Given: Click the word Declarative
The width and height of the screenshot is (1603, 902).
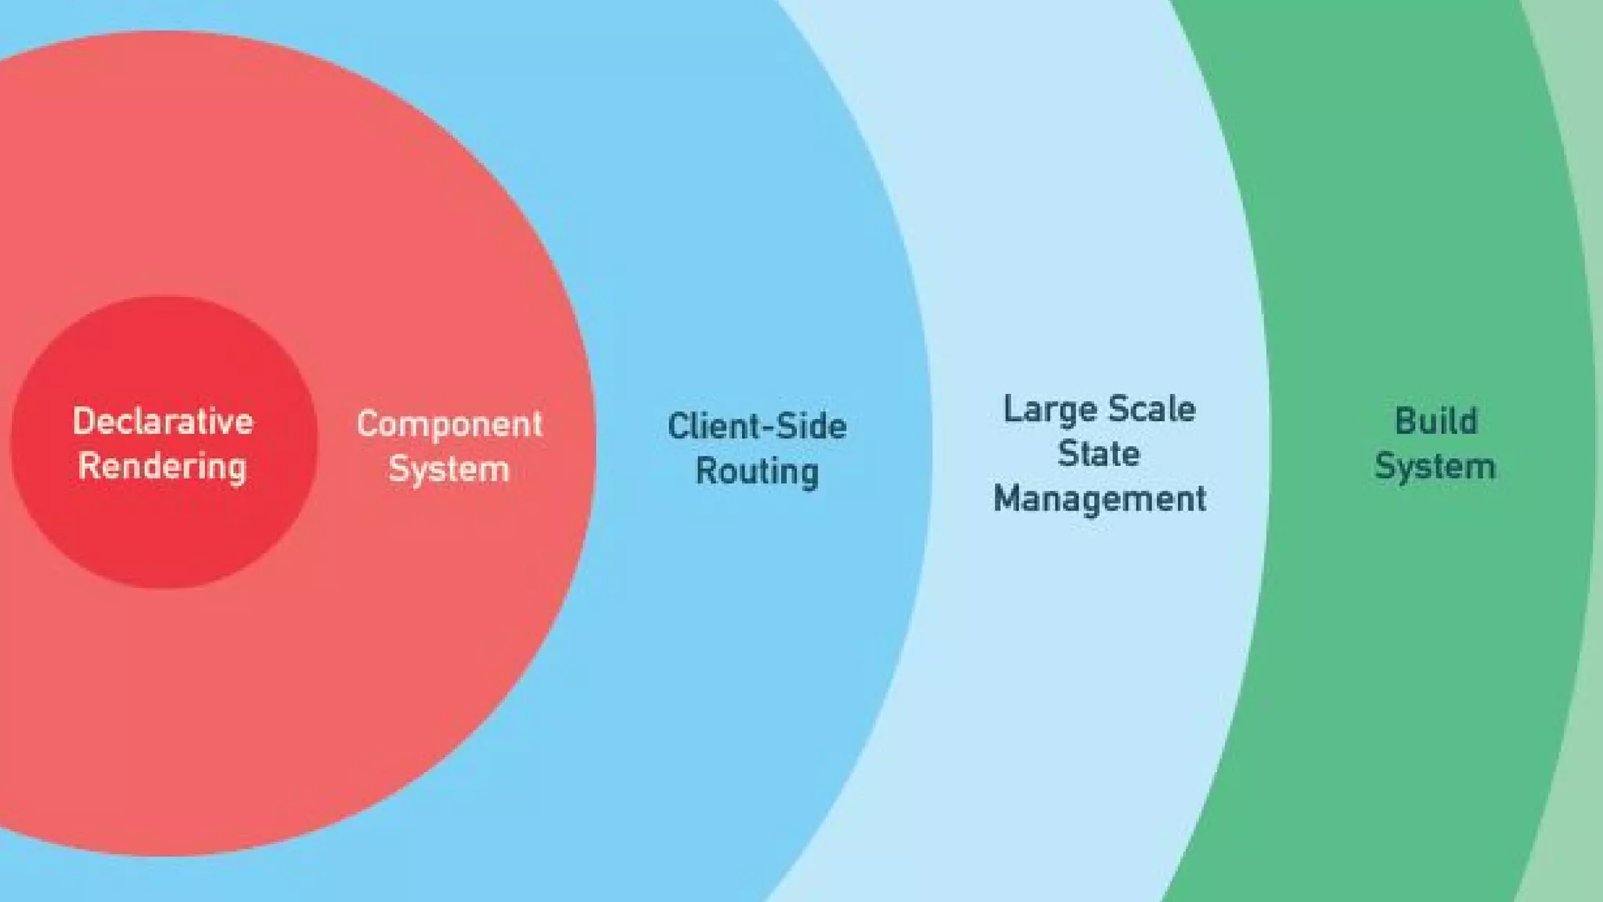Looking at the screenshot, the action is (x=163, y=421).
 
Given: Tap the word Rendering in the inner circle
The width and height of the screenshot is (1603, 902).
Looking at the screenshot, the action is (x=163, y=467).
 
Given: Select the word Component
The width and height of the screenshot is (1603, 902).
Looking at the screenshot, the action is (x=449, y=424).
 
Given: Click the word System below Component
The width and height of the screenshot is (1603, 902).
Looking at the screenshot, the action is (x=449, y=469).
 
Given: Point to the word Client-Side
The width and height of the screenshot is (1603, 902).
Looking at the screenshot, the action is (x=757, y=427).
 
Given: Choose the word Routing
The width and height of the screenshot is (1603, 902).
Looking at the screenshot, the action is (x=757, y=471).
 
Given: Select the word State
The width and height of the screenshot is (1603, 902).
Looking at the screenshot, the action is (x=1099, y=454).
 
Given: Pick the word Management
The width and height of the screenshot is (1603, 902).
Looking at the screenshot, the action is (x=1100, y=499).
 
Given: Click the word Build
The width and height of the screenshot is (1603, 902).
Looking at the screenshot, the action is (x=1436, y=421).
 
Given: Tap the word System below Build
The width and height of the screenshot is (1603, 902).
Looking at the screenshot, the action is (x=1435, y=467).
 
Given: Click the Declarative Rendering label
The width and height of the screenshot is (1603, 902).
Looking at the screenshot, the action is (x=163, y=444).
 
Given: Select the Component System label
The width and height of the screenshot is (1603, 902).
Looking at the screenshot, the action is (x=449, y=446).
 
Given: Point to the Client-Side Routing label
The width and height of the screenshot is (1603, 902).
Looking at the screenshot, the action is (x=757, y=449).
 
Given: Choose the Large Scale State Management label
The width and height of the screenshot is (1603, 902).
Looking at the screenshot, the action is (x=1099, y=454).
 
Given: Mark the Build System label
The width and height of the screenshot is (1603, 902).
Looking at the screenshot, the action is (x=1435, y=444).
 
